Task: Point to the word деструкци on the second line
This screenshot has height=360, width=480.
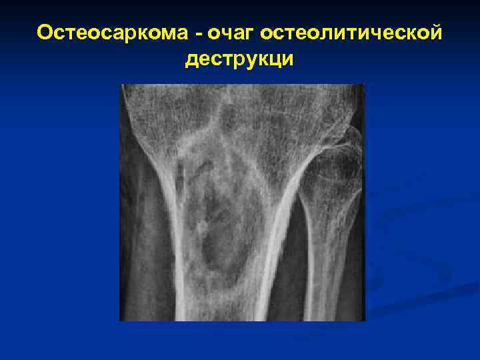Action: click(x=239, y=60)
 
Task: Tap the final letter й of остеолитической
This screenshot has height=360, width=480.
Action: click(x=435, y=33)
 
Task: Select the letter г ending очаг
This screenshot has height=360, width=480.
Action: click(x=250, y=34)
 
